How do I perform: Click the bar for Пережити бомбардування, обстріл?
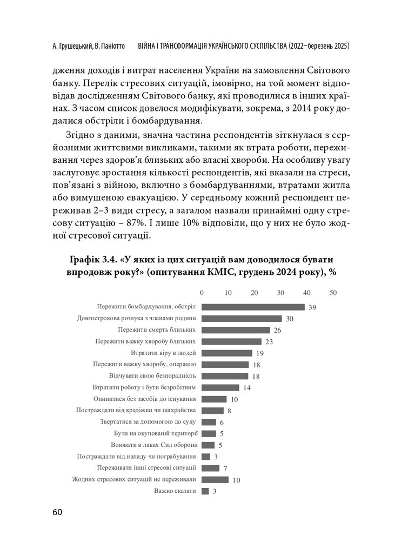253,307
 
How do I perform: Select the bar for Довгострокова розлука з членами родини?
242,318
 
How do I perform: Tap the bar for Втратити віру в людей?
226,353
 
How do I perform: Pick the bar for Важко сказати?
205,491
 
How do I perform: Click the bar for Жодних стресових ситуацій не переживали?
215,479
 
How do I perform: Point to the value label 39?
312,307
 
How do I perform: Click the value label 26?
278,330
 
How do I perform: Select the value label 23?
270,342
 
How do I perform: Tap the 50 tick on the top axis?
333,293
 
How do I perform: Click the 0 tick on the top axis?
202,293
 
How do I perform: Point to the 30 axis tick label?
280,293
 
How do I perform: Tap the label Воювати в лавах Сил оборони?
154,445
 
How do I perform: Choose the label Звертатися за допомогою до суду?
149,422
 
